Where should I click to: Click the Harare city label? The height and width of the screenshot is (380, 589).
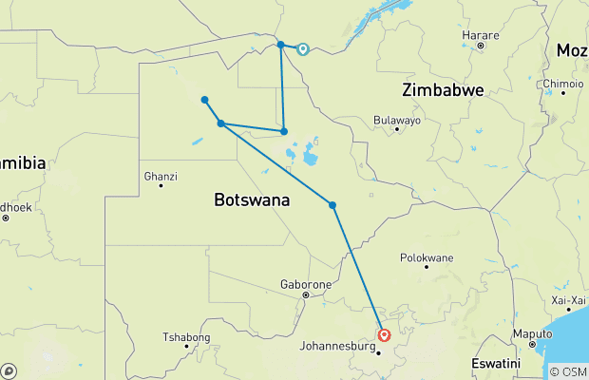[x=480, y=35]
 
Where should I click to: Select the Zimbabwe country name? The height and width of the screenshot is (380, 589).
[x=443, y=90]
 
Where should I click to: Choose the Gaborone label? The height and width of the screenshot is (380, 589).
[x=305, y=284]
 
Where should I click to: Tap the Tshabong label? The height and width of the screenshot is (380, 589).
[x=185, y=336]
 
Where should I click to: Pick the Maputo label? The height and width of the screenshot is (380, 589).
[x=532, y=333]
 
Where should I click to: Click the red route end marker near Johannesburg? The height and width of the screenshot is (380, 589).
[x=384, y=334]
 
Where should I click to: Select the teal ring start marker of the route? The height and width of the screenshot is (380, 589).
[x=303, y=49]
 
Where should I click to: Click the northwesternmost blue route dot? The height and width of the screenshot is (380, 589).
[x=204, y=100]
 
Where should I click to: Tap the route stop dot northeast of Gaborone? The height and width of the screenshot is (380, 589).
[x=332, y=205]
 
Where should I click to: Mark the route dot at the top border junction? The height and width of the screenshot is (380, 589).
[x=280, y=45]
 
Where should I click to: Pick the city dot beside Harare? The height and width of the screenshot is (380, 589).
[x=481, y=46]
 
